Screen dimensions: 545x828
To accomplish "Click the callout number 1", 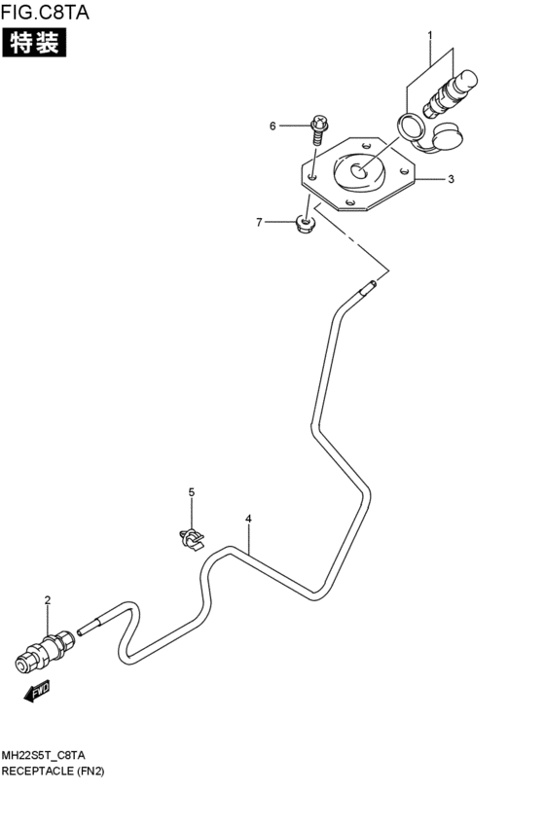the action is click(430, 35).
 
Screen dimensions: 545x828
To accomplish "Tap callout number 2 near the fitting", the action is click(48, 600).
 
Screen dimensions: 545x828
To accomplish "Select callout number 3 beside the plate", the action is click(451, 179).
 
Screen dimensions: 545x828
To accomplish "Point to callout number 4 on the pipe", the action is click(248, 519).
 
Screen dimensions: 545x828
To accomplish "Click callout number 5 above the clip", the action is click(191, 492).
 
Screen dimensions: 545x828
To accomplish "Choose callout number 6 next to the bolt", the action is click(272, 126).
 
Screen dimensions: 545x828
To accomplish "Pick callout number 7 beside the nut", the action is click(259, 222).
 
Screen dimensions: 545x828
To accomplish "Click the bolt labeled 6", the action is click(319, 128).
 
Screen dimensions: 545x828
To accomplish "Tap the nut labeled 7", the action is click(304, 224).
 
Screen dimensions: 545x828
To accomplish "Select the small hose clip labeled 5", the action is click(192, 539).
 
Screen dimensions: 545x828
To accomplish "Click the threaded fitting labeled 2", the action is click(45, 650).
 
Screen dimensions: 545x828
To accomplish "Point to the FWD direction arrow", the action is click(37, 693).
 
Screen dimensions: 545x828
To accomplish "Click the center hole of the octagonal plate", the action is click(358, 171).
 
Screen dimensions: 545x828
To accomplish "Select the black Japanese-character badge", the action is click(34, 43).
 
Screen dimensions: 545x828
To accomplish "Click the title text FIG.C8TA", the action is click(46, 12).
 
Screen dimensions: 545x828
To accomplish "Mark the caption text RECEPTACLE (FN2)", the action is click(53, 771).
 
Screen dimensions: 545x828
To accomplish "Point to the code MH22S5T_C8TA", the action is click(43, 755).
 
